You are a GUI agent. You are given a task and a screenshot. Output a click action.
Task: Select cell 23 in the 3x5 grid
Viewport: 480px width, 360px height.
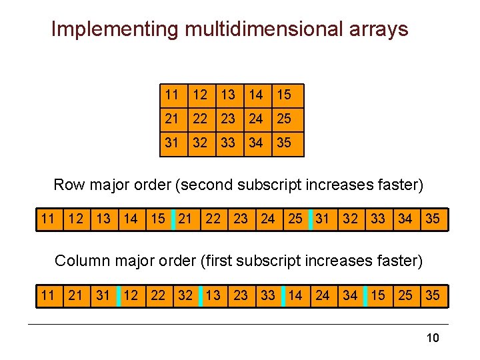click(x=228, y=119)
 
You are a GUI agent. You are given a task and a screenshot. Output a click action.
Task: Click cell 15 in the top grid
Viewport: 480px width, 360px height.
click(x=284, y=95)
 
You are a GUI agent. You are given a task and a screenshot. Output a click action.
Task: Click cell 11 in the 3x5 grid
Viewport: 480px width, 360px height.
click(x=172, y=95)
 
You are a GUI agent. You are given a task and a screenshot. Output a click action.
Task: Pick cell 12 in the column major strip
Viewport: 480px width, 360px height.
click(x=131, y=295)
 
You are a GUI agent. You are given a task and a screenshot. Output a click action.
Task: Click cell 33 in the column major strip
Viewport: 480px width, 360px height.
click(x=268, y=295)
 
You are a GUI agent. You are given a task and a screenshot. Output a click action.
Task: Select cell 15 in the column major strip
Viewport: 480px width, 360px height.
click(x=378, y=295)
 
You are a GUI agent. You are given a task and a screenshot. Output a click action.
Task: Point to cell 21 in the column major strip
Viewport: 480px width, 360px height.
click(x=75, y=295)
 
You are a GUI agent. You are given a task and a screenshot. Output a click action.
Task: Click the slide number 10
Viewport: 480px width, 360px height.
click(x=433, y=338)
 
